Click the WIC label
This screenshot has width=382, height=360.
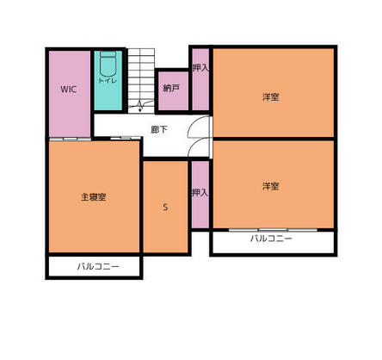click(x=69, y=89)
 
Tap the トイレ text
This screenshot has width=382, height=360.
click(x=107, y=80)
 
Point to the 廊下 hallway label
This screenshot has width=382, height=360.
click(x=159, y=130)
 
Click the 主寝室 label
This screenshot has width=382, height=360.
click(x=93, y=197)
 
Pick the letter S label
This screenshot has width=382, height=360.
click(x=165, y=208)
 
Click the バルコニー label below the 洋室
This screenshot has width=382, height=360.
click(x=272, y=238)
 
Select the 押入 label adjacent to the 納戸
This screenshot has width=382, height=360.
click(x=200, y=67)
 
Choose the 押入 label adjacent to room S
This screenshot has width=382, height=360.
click(x=200, y=192)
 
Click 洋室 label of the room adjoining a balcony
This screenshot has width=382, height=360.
click(x=271, y=185)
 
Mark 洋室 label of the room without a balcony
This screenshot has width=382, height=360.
click(x=271, y=96)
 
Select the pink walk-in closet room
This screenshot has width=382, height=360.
click(x=69, y=108)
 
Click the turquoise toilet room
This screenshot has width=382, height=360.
click(x=108, y=95)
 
